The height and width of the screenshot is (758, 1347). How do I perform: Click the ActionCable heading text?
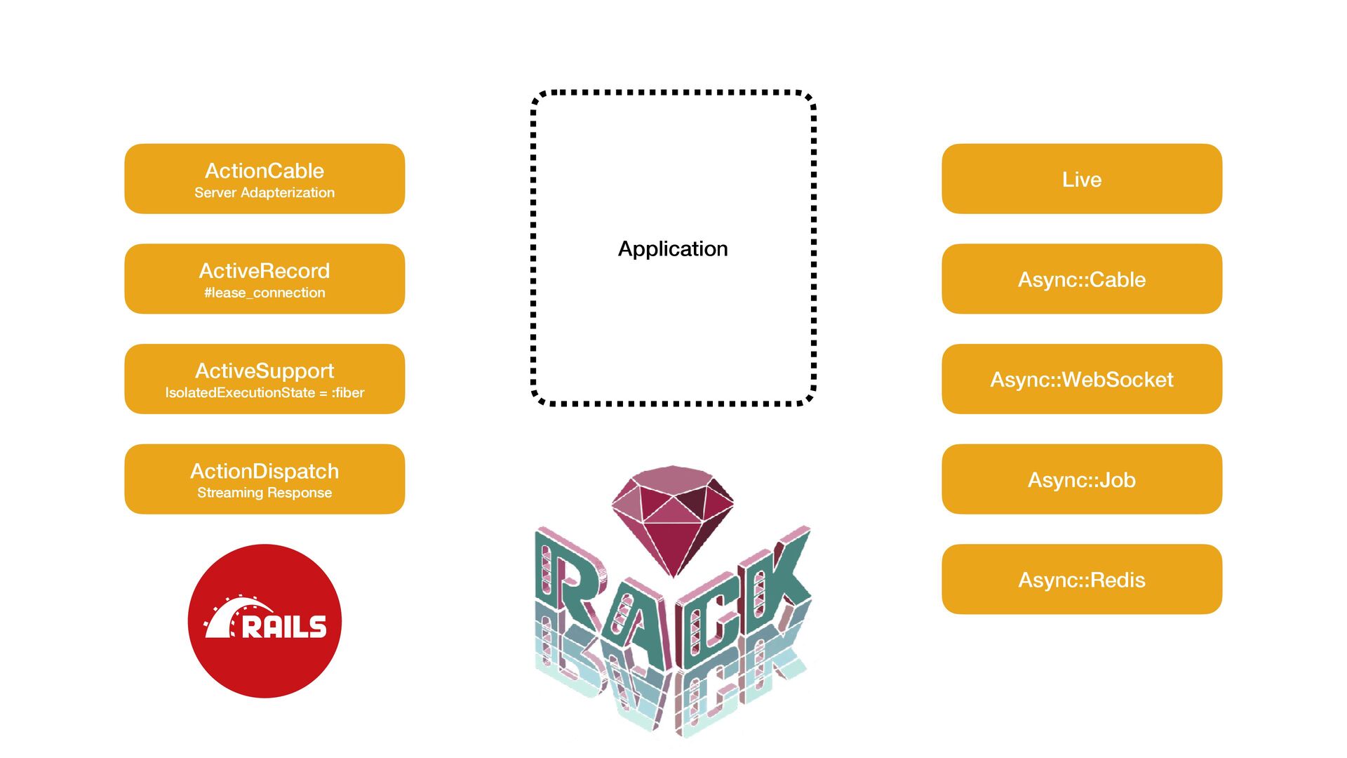[x=264, y=171]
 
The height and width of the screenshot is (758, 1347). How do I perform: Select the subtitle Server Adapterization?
[x=264, y=193]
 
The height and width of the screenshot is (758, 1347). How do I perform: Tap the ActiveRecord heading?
[x=264, y=271]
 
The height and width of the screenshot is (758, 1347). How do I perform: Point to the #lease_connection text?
[x=264, y=293]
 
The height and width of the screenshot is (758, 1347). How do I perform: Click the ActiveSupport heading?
[x=264, y=371]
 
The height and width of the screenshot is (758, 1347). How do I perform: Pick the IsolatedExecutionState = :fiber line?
[x=264, y=393]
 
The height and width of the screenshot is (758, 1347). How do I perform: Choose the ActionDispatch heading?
[x=264, y=471]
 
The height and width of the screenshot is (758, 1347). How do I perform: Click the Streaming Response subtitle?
[x=264, y=493]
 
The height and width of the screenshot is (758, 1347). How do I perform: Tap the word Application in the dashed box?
[x=673, y=249]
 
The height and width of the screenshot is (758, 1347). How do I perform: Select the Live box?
[x=1082, y=179]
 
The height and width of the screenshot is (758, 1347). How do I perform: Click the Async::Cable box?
[x=1082, y=279]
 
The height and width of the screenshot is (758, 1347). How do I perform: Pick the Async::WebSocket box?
[x=1082, y=380]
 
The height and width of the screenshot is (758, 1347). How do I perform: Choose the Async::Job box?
[x=1082, y=480]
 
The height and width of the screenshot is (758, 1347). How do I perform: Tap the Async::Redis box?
[x=1082, y=580]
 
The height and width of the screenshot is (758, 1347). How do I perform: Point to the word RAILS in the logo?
[x=284, y=627]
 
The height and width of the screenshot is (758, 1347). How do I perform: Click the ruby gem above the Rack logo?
[x=673, y=516]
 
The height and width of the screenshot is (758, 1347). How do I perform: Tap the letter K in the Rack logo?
[x=779, y=576]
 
